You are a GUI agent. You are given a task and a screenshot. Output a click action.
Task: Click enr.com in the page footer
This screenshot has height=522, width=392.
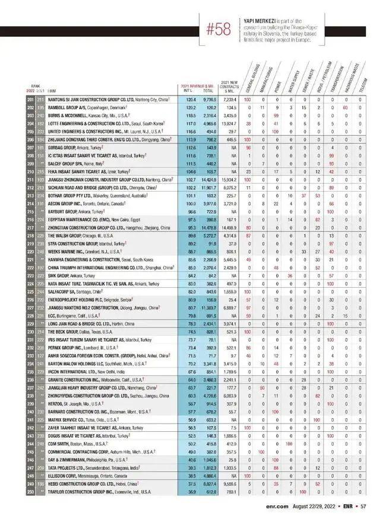pos(278,506)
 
